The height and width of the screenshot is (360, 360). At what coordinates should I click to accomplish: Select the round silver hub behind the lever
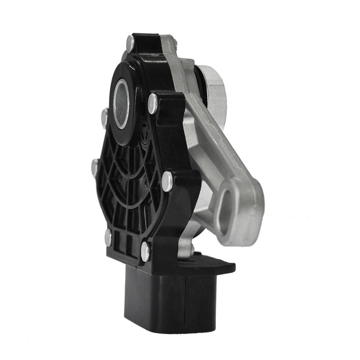(x=213, y=90)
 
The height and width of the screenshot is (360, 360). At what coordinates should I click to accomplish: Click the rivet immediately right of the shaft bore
(x=153, y=103)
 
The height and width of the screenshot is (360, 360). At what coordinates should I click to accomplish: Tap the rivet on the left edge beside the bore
(x=105, y=117)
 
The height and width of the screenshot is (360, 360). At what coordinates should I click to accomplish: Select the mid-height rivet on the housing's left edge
(x=95, y=167)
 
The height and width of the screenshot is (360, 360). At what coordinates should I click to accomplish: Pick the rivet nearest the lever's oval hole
(x=167, y=181)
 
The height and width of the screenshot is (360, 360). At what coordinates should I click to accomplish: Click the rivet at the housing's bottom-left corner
(x=108, y=237)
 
